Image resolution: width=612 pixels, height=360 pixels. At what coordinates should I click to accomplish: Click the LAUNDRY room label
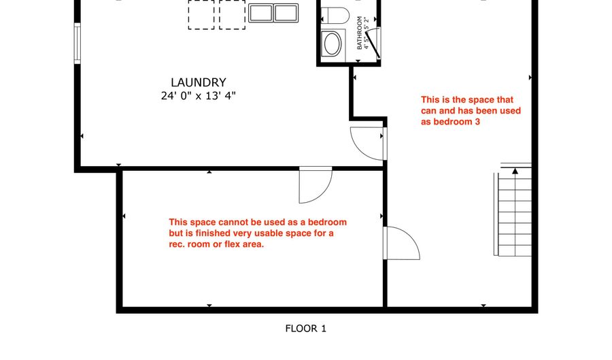(x=199, y=82)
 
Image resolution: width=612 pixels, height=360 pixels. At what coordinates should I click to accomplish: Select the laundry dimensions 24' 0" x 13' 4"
(x=199, y=96)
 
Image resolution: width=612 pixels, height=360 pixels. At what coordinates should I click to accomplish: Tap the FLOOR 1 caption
(x=305, y=329)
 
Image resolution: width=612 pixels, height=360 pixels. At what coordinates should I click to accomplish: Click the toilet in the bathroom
(x=335, y=16)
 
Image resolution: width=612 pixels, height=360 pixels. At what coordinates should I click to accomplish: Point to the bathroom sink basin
(x=332, y=44)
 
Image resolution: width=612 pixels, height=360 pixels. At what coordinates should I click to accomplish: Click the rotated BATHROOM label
(x=360, y=33)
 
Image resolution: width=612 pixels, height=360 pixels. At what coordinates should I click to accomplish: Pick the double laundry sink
(x=273, y=13)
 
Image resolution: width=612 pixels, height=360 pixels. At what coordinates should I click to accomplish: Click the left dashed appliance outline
(x=201, y=14)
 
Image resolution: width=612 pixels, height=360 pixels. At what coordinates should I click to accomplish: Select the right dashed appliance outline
(x=233, y=14)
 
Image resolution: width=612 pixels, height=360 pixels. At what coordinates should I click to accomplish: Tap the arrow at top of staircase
(x=515, y=171)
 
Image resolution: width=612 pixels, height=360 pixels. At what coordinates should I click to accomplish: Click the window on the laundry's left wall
(x=78, y=43)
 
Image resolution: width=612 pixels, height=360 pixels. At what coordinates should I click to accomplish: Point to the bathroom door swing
(x=373, y=44)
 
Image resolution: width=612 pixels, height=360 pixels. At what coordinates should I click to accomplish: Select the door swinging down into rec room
(x=316, y=185)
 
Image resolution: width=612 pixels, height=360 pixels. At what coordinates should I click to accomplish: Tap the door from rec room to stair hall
(x=402, y=243)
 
